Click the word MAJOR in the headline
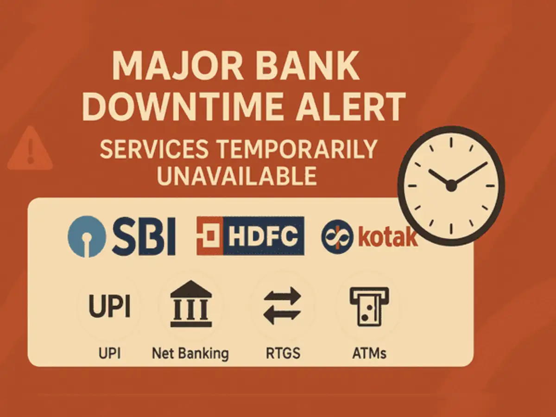(x=177, y=66)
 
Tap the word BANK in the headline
(x=307, y=66)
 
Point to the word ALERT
(x=351, y=107)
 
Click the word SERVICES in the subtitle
(x=154, y=149)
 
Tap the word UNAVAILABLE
(x=237, y=176)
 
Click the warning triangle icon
(x=30, y=148)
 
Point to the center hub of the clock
(x=451, y=186)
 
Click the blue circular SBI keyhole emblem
(x=87, y=236)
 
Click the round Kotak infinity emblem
(x=337, y=237)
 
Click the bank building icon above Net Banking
(x=191, y=303)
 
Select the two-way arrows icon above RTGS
(x=283, y=306)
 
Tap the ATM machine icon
(x=370, y=307)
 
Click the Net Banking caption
(x=190, y=354)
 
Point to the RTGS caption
(x=283, y=353)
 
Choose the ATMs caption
(x=369, y=353)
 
